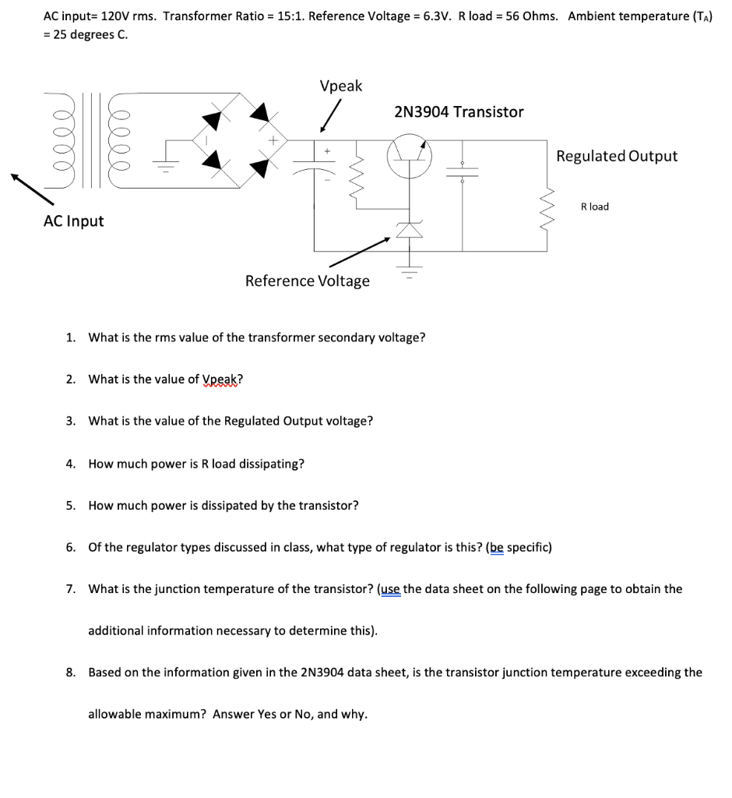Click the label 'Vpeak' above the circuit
pos(340,86)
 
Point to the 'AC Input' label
pos(73,221)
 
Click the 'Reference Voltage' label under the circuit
pos(308,281)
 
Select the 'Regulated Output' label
pos(617,156)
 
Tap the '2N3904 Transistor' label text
pos(459,111)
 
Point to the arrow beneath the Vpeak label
pos(331,118)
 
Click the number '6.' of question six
pos(71,547)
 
